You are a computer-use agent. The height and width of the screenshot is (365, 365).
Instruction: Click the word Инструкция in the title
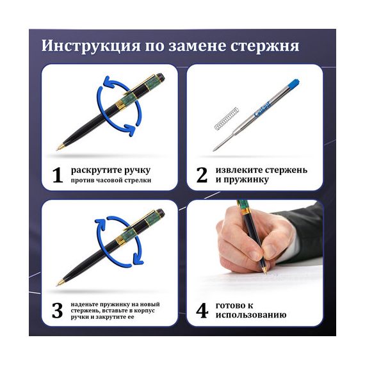pyautogui.click(x=91, y=45)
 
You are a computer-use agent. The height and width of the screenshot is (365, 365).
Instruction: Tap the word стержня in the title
pyautogui.click(x=265, y=46)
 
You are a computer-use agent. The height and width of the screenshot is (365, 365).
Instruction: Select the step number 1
pyautogui.click(x=57, y=175)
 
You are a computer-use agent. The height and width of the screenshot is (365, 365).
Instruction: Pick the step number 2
pyautogui.click(x=202, y=175)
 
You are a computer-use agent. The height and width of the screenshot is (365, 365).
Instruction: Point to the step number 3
pyautogui.click(x=57, y=311)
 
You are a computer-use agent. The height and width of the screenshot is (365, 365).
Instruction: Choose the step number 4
pyautogui.click(x=202, y=311)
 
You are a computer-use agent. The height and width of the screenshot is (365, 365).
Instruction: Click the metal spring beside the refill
pyautogui.click(x=226, y=118)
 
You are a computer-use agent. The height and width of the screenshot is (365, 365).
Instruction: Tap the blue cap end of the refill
pyautogui.click(x=294, y=83)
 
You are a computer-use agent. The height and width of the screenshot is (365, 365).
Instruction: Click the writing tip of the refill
pyautogui.click(x=214, y=150)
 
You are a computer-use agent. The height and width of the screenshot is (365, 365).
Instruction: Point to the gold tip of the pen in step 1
pyautogui.click(x=60, y=147)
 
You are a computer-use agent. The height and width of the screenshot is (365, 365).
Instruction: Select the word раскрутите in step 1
pyautogui.click(x=96, y=170)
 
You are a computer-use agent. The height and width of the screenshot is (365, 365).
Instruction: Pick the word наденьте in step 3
pyautogui.click(x=85, y=304)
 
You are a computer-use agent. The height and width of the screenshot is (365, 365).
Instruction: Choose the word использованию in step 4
pyautogui.click(x=251, y=315)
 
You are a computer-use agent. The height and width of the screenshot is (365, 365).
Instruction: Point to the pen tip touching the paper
pyautogui.click(x=266, y=272)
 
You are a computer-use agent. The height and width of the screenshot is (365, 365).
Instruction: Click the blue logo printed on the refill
pyautogui.click(x=262, y=109)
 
